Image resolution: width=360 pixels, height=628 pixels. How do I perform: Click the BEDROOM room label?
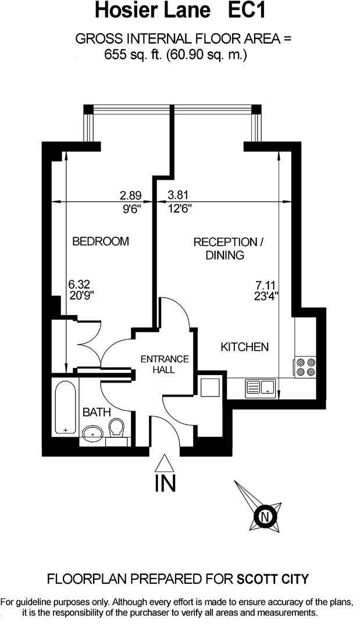tap(100, 241)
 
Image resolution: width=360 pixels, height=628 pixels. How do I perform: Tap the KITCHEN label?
tap(244, 347)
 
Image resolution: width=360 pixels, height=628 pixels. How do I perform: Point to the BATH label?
tap(97, 412)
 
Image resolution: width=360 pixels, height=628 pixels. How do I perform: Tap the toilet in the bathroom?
tap(117, 429)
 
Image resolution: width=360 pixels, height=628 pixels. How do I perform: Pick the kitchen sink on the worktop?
tap(261, 387)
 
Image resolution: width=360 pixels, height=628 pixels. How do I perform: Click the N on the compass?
tap(265, 516)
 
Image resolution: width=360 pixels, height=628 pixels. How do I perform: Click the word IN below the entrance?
tap(165, 484)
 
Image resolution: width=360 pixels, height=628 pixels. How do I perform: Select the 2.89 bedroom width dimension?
tap(131, 195)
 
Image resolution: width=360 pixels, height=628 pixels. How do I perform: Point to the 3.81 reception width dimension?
tap(179, 195)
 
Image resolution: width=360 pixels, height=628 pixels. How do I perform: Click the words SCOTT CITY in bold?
tap(273, 579)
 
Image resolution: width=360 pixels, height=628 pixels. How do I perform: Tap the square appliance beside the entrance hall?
tap(209, 387)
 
